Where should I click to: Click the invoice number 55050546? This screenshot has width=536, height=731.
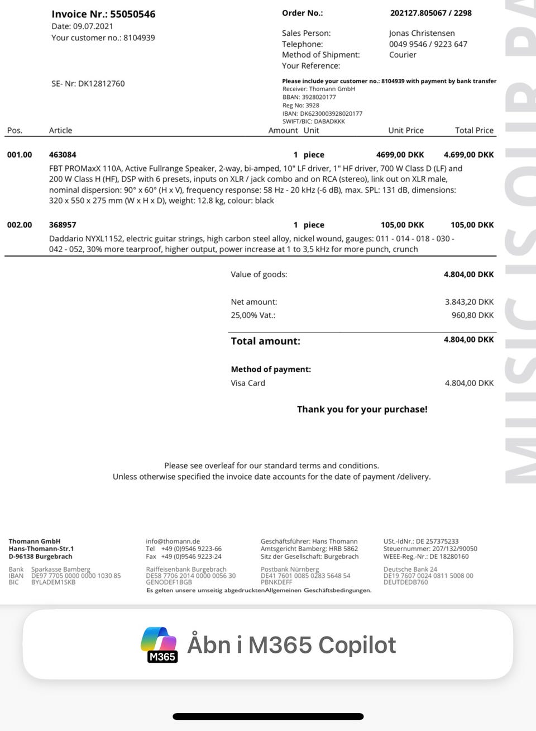point(132,14)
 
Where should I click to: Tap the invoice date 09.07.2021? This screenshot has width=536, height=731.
point(93,26)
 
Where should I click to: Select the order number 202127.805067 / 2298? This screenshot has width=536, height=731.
point(430,13)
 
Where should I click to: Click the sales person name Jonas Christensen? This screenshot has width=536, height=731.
point(422,33)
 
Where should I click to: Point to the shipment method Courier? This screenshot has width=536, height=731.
point(403,55)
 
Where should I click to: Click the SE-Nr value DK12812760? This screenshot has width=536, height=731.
point(101,84)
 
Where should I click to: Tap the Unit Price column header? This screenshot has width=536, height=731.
point(405,130)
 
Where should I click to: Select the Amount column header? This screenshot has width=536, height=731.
point(283,130)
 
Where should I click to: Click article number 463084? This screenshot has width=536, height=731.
point(63,155)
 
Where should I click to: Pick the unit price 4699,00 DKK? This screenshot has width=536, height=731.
point(400,155)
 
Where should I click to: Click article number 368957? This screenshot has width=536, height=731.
point(63,225)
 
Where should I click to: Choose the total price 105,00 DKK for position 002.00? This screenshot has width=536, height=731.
point(472,225)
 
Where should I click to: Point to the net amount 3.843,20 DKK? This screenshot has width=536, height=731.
point(469,302)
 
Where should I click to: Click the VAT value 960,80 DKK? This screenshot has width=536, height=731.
point(472,315)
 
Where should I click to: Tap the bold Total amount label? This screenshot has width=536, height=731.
point(265,341)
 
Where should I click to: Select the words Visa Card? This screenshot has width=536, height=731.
point(248,383)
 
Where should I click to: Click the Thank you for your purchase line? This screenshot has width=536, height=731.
point(362,409)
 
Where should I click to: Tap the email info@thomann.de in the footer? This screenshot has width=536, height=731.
point(173,541)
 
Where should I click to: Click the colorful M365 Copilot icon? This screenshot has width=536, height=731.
point(159,644)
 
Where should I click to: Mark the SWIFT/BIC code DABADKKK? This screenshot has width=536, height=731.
point(330,121)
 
